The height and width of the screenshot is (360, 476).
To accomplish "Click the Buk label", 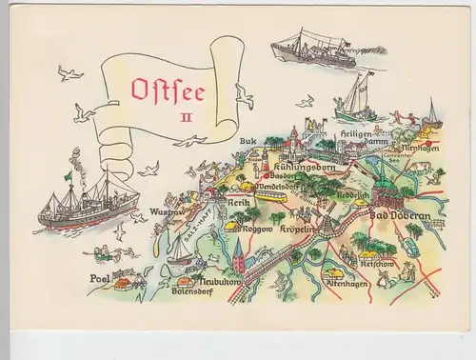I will (x=249, y=141).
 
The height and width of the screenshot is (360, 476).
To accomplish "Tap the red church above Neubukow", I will (x=238, y=252).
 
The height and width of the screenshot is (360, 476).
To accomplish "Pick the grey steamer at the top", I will (x=311, y=52).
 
